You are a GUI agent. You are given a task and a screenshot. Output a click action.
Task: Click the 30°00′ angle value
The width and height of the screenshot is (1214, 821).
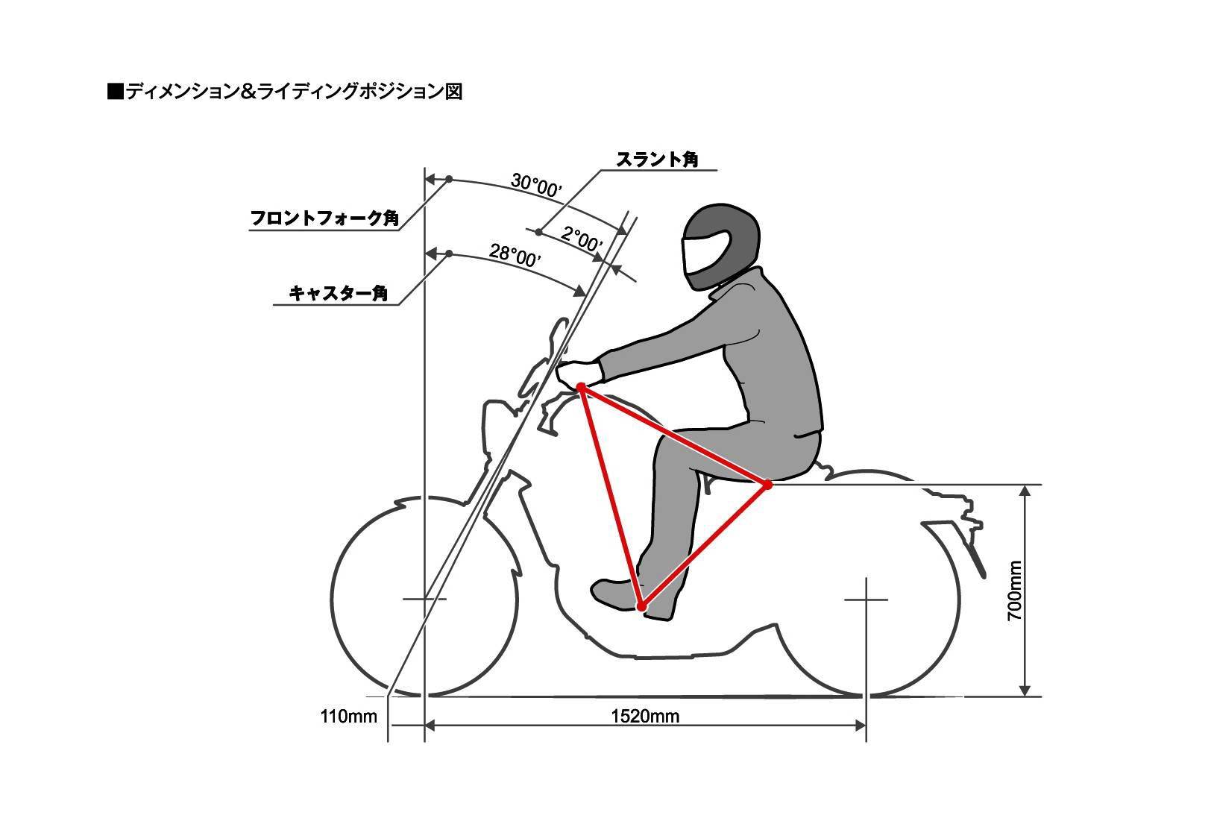point(535,185)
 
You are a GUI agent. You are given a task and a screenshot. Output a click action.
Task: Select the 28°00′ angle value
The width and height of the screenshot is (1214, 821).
point(515,255)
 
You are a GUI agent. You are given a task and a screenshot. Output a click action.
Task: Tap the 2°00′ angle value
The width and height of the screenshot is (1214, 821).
point(581,240)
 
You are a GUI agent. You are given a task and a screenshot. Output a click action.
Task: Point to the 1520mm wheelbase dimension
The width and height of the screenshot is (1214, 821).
point(645,717)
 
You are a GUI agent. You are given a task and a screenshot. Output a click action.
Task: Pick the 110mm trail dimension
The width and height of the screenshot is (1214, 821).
point(348,717)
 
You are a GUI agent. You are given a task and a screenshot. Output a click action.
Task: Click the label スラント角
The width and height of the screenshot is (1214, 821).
point(656,160)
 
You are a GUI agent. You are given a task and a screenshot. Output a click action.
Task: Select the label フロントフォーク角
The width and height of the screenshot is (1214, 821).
point(324,218)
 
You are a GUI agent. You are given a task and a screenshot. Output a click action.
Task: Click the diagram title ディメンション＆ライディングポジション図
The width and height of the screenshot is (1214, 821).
point(294,92)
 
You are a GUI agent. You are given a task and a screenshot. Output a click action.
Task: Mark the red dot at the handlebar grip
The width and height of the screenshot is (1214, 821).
point(581,387)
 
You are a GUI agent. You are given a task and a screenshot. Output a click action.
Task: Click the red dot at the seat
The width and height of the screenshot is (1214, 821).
point(767,485)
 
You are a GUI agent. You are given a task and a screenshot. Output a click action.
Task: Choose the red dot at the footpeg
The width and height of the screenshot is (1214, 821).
point(641,607)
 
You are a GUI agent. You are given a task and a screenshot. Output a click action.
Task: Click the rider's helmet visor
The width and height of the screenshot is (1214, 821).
point(703,253)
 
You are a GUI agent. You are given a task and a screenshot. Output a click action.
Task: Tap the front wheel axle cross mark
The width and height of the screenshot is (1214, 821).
point(424,599)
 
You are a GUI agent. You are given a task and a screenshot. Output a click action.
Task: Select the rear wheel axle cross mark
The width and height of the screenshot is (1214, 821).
point(866,600)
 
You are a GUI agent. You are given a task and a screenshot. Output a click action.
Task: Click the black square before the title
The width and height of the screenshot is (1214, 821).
point(115,92)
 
